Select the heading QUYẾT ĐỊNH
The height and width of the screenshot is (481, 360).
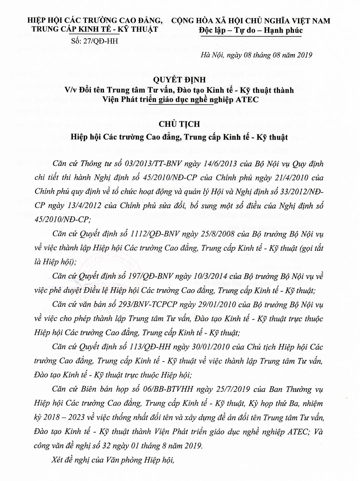click(180, 80)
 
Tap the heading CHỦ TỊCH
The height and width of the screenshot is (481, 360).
click(180, 124)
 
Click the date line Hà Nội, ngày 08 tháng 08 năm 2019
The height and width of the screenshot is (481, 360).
click(256, 55)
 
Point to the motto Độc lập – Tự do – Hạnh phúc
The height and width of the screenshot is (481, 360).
click(251, 30)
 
